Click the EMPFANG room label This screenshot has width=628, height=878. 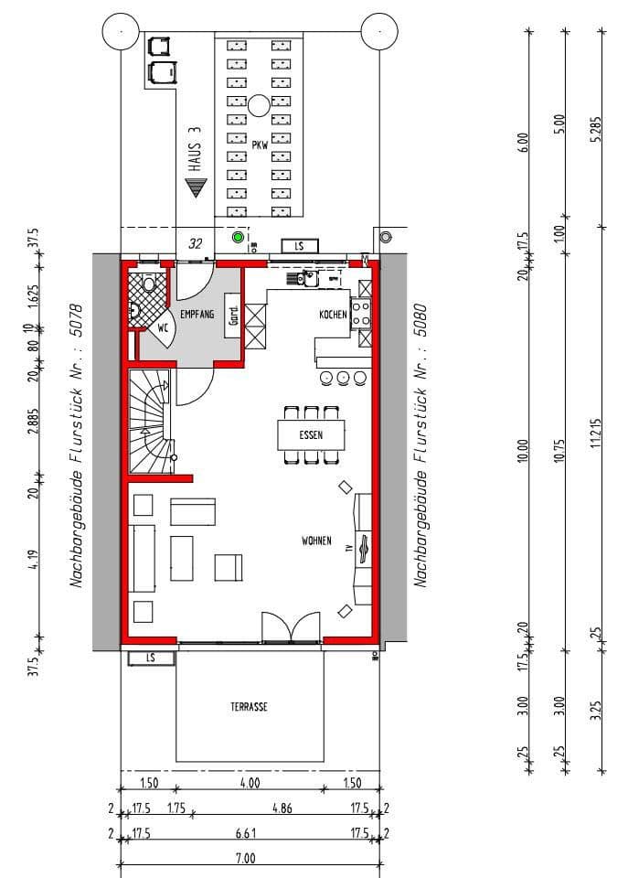pos(197,314)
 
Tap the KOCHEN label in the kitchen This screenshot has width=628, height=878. pos(333,315)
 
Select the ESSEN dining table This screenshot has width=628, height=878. pos(311,434)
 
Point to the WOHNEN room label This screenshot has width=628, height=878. pos(316,541)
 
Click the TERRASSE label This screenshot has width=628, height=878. pos(249,707)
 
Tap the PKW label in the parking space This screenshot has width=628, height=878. pos(260,145)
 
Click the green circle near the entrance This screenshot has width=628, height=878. pos(239,239)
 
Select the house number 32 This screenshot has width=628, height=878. pos(195,244)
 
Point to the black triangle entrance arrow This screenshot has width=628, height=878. pos(195,188)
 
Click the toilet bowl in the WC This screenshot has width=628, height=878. pos(149,284)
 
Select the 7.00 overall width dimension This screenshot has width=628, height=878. pos(246,858)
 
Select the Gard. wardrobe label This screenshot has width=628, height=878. pos(233,314)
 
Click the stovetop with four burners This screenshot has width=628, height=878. pos(361,314)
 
